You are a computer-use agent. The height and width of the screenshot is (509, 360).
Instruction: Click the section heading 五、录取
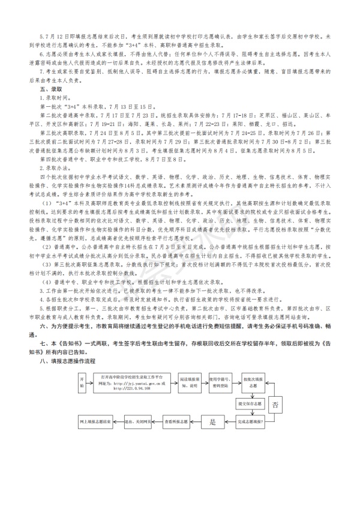pos(47,88)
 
